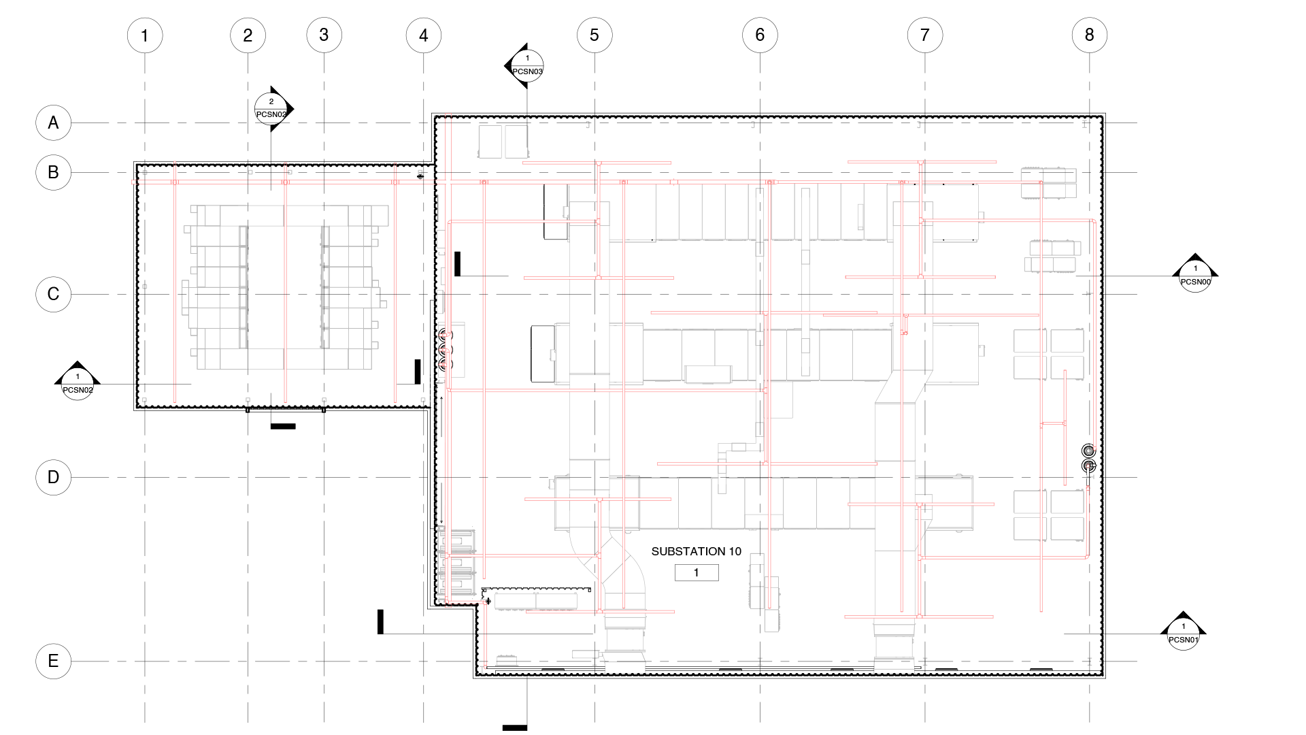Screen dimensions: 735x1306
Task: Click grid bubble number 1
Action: [x=145, y=35]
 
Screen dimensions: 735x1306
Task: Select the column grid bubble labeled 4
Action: [x=424, y=35]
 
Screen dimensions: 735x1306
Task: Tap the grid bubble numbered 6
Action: [x=760, y=35]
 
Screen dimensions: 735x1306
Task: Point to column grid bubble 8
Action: [x=1089, y=35]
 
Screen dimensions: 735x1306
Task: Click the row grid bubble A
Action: [x=53, y=123]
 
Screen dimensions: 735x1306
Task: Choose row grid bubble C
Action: [x=53, y=295]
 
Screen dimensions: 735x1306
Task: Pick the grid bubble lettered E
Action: [x=53, y=661]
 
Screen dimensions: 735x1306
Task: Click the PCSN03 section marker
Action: [x=526, y=66]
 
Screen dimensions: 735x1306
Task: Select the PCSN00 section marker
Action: [x=1195, y=276]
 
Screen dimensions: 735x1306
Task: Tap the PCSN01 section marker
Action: [x=1183, y=634]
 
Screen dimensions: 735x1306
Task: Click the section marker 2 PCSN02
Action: [x=271, y=109]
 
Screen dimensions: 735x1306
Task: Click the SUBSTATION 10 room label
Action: [x=696, y=552]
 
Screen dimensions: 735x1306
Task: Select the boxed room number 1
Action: [x=696, y=573]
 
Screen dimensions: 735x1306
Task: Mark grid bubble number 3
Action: [x=324, y=35]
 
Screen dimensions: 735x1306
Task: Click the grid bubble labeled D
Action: [x=53, y=478]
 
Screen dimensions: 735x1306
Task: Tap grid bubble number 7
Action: [x=924, y=35]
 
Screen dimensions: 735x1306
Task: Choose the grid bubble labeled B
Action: [x=53, y=173]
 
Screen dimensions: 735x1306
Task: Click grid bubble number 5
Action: [x=595, y=35]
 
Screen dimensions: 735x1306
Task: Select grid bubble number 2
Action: [x=248, y=35]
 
